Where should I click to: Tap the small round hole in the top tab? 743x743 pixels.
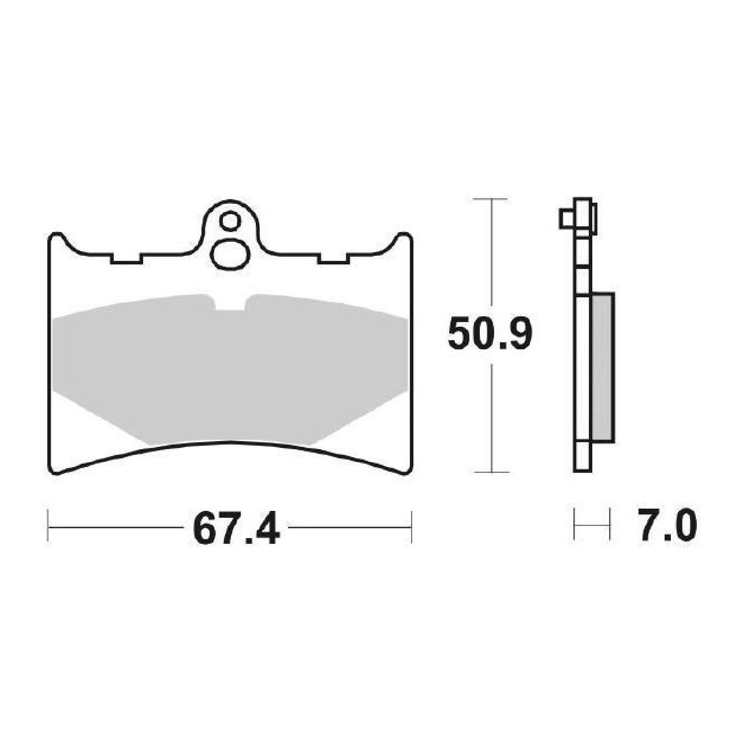[229, 221]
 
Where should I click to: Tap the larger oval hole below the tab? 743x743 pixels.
[230, 255]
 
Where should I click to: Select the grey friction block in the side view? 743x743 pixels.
[602, 367]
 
